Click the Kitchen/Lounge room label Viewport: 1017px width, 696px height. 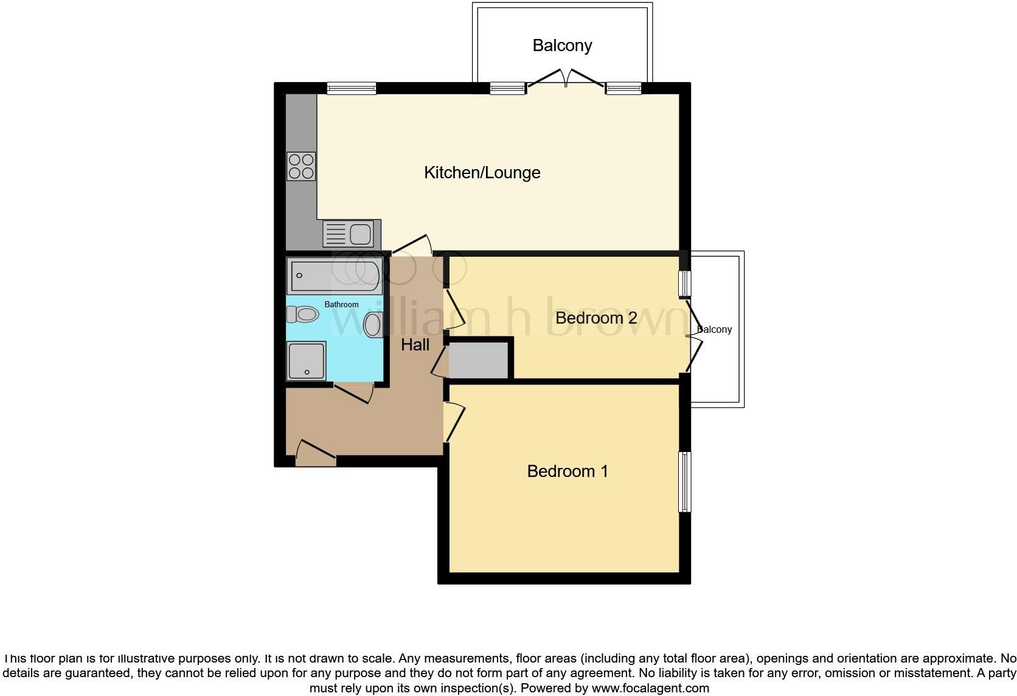pyautogui.click(x=482, y=173)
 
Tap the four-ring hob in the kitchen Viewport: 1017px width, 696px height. pyautogui.click(x=301, y=166)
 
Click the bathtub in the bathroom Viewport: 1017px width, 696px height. pyautogui.click(x=334, y=276)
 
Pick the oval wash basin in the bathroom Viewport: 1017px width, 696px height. pyautogui.click(x=372, y=325)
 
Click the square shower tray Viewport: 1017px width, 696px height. pyautogui.click(x=307, y=360)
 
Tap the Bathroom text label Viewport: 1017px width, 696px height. pyautogui.click(x=341, y=304)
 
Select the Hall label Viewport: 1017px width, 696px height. pyautogui.click(x=415, y=345)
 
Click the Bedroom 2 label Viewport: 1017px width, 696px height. pyautogui.click(x=595, y=318)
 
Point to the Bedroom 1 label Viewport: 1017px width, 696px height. pyautogui.click(x=567, y=472)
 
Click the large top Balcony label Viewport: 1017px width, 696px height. pyautogui.click(x=561, y=46)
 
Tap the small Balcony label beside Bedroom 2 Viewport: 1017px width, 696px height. pyautogui.click(x=715, y=330)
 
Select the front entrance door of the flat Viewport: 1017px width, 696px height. pyautogui.click(x=316, y=454)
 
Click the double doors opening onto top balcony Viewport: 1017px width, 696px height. pyautogui.click(x=566, y=79)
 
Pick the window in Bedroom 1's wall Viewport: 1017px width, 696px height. pyautogui.click(x=685, y=482)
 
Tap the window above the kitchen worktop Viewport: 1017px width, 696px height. pyautogui.click(x=352, y=89)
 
